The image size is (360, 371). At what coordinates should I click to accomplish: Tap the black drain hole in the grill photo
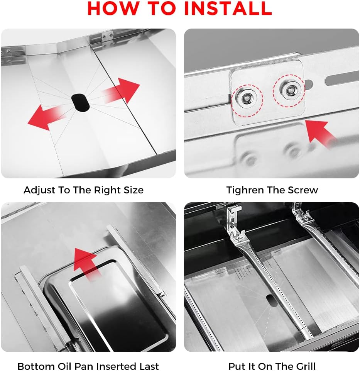[x=271, y=301]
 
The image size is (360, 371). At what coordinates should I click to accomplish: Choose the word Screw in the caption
[x=304, y=190]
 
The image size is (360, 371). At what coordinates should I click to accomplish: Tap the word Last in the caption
[x=148, y=366]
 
